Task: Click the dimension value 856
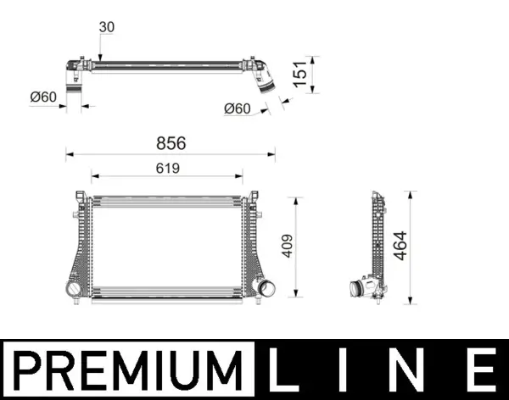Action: [x=170, y=143]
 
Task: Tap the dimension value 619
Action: [x=167, y=168]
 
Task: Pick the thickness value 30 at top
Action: [x=106, y=27]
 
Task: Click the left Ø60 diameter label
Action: [x=42, y=97]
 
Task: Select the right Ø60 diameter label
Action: [x=237, y=108]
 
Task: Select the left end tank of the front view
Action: [x=80, y=246]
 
